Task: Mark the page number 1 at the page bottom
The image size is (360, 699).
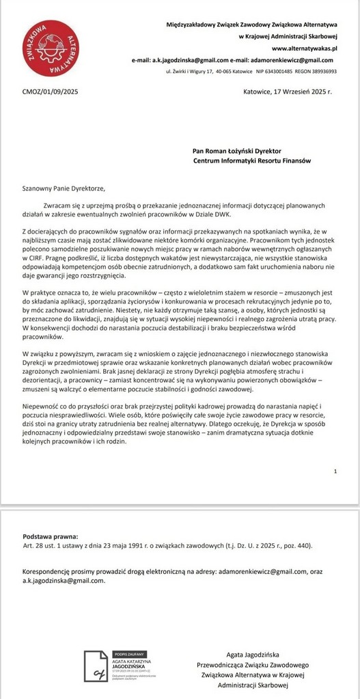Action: point(335,471)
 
